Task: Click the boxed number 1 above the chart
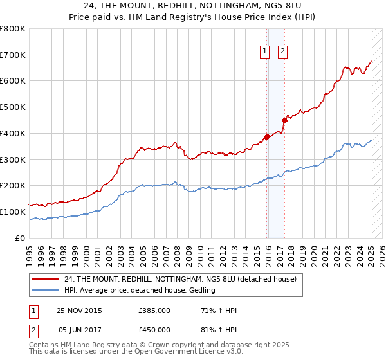(x=264, y=53)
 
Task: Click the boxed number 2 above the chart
(x=282, y=53)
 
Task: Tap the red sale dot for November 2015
(x=266, y=136)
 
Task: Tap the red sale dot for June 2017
(x=284, y=119)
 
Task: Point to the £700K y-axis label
(x=13, y=55)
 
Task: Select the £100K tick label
(x=13, y=212)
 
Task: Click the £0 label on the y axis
(x=21, y=238)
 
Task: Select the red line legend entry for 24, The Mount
(x=180, y=279)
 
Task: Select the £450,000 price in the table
(x=154, y=329)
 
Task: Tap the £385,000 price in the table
(x=154, y=310)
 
